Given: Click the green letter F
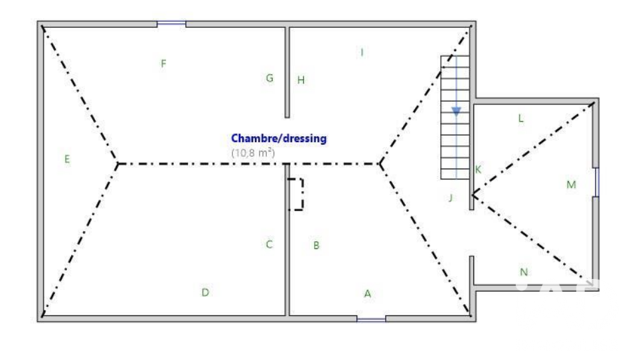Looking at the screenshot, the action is pos(163,63).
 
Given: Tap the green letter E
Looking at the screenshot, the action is pos(67,159).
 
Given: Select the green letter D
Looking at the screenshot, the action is pos(205,292).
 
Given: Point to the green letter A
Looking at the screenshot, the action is pos(368,294).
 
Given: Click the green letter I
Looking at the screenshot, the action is pos(362,52).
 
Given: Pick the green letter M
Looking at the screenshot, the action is pos(571,185).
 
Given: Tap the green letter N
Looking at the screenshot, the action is pos(524,272).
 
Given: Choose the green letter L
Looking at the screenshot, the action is pos(520,118).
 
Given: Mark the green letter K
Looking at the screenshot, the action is pos(478,169).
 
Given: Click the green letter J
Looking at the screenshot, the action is pos(451,198).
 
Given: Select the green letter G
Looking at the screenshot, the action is pos(270,78).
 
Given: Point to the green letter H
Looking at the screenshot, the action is pos(301,80).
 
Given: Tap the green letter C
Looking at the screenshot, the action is pos(269,244).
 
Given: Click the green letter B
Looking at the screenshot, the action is pos(316,245).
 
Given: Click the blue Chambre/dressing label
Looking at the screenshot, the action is pos(279,138).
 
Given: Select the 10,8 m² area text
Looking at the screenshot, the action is pos(253,153).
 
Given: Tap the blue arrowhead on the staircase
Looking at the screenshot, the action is pos(456,112).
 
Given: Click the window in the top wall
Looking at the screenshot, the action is pos(171,24).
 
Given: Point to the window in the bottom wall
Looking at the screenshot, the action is pos(371,319).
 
